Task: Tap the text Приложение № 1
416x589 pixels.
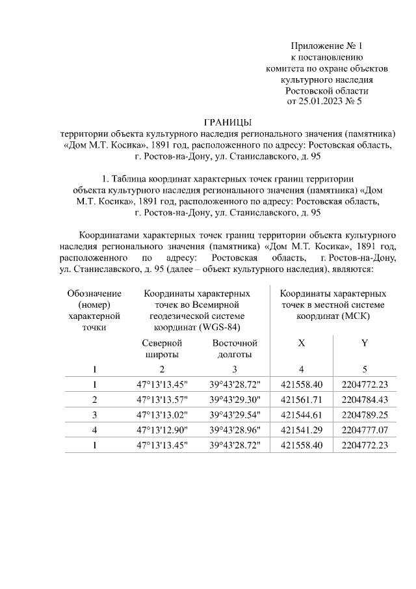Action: (326, 46)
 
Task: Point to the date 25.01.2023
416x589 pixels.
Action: (318, 102)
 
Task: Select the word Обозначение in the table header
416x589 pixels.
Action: (94, 294)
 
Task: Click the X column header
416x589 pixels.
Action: (301, 343)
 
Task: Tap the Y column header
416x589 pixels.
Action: (365, 343)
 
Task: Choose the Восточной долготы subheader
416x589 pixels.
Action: (235, 348)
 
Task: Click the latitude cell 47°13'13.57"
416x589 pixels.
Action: (162, 399)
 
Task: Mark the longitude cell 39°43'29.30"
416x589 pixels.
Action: (235, 399)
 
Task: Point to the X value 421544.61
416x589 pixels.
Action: (301, 414)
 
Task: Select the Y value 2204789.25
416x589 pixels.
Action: (365, 414)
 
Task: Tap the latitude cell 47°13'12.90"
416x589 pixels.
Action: (162, 430)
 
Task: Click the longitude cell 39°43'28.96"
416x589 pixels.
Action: (235, 430)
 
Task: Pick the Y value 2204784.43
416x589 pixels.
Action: (365, 399)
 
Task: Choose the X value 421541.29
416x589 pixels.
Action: (301, 430)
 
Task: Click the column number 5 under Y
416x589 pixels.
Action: (365, 369)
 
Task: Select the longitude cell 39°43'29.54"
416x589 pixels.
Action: (235, 414)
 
